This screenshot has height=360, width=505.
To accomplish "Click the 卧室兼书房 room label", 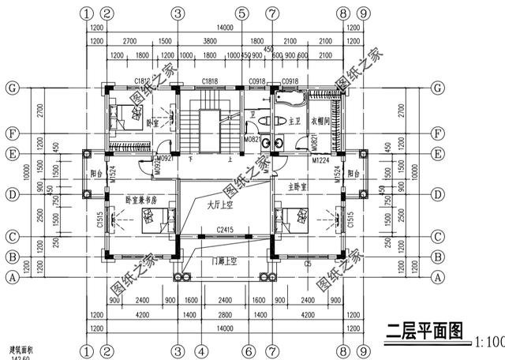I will [x=142, y=201].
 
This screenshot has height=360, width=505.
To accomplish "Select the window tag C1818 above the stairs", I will [x=210, y=81].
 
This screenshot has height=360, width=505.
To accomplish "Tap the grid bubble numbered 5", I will [x=242, y=13].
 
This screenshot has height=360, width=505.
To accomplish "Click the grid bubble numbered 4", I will [x=201, y=350].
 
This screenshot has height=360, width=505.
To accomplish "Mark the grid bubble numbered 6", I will [x=248, y=350].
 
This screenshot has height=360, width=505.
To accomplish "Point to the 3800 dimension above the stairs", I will [x=210, y=40].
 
